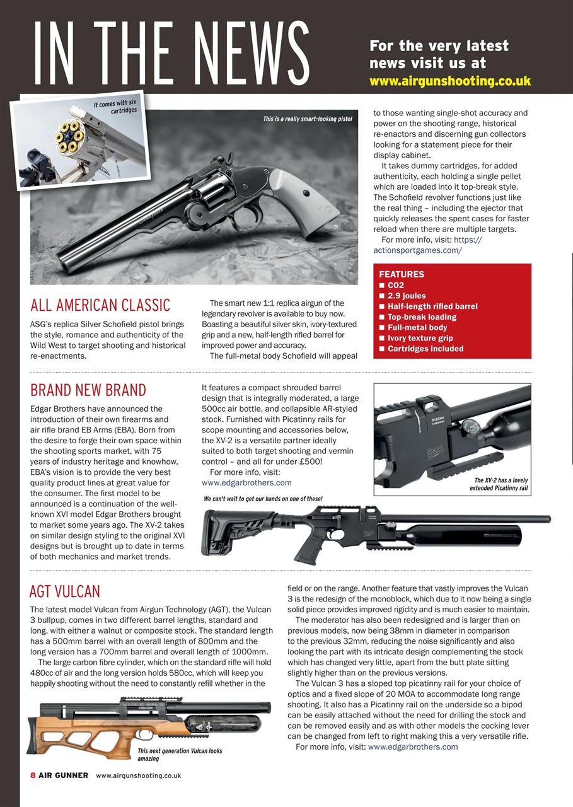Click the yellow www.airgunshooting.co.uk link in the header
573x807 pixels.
point(449,81)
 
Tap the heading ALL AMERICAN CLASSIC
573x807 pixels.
point(100,306)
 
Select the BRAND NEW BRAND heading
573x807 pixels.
point(88,390)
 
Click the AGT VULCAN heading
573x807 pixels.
point(64,591)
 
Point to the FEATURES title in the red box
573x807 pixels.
point(402,274)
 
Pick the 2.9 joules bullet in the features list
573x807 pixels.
point(406,296)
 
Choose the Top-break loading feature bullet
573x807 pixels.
point(421,317)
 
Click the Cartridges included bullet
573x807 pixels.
point(425,349)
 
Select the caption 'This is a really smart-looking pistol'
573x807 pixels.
point(307,119)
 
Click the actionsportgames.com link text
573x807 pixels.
point(417,250)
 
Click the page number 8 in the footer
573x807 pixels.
point(33,775)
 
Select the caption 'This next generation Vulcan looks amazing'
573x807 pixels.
point(179,755)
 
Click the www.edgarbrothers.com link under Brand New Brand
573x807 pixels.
point(246,483)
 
